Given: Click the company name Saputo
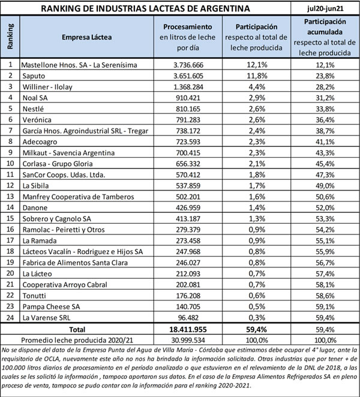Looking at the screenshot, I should (34, 75).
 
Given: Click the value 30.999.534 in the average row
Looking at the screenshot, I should (190, 339).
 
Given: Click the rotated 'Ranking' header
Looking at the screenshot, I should (10, 37).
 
